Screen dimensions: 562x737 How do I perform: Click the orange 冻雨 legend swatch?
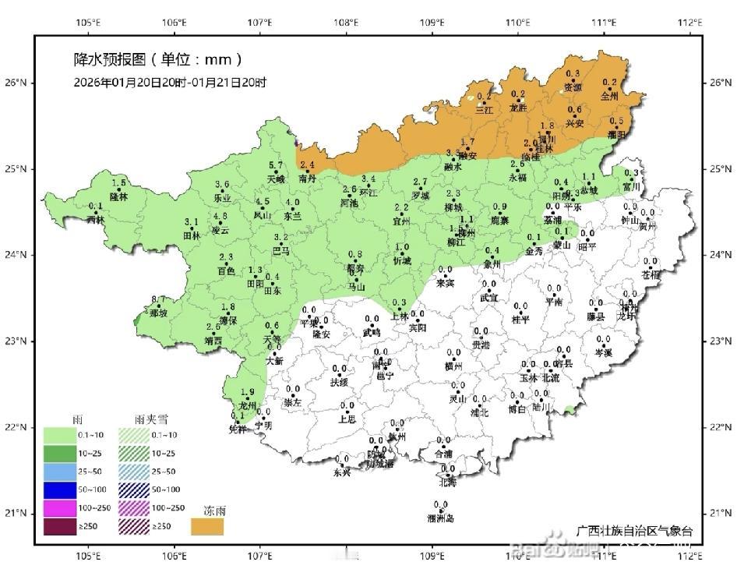[x=208, y=528]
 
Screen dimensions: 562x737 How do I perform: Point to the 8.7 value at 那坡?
[x=158, y=300]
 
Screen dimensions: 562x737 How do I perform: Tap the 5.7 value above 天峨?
[x=276, y=165]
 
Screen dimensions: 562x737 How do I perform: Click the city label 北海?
[x=448, y=482]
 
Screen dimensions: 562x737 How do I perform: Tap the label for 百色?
[x=226, y=271]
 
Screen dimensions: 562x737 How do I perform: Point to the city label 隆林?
[x=118, y=196]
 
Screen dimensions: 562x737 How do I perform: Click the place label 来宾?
[x=445, y=283]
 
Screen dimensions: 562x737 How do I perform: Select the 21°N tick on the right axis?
[x=721, y=514]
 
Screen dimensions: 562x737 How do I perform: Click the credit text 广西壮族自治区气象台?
[x=635, y=531]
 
